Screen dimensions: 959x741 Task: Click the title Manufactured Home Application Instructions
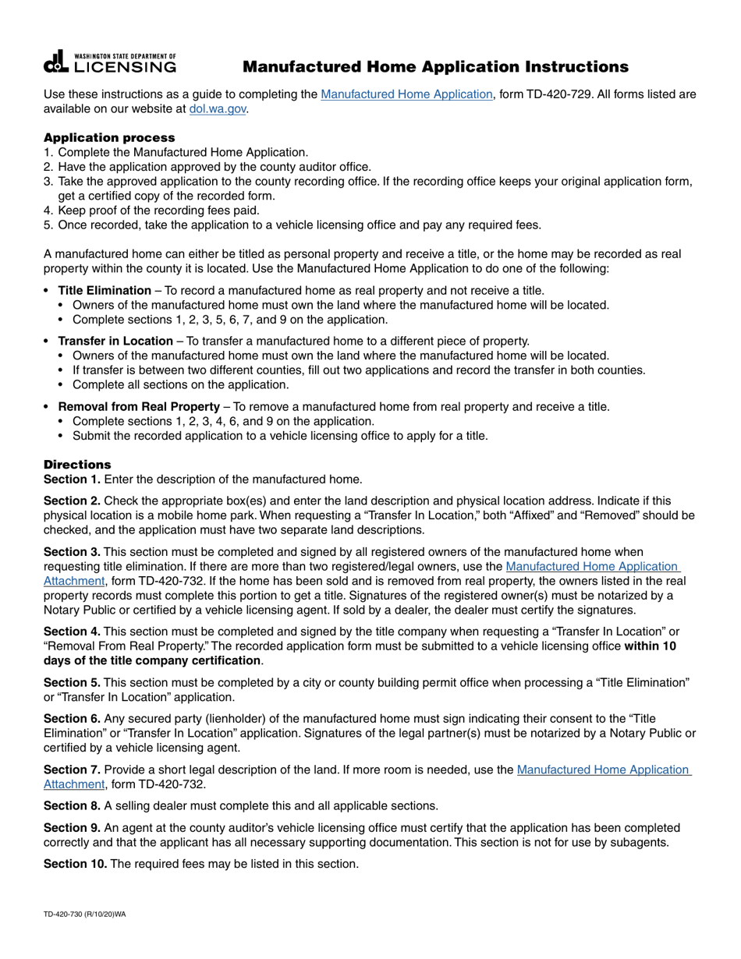[435, 67]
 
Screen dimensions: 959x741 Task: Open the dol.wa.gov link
[218, 110]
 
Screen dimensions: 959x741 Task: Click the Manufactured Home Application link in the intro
[406, 94]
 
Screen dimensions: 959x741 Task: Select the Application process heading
[109, 137]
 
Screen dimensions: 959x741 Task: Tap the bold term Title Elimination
[105, 291]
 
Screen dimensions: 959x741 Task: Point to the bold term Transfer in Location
[115, 341]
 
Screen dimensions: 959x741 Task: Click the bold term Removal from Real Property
[139, 407]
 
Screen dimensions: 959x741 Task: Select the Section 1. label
[72, 479]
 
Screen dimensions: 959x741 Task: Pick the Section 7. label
[72, 770]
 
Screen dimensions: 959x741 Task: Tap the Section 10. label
[75, 864]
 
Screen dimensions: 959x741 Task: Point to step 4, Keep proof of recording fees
[158, 211]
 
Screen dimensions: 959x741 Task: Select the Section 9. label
[72, 828]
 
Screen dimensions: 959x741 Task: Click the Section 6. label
[72, 718]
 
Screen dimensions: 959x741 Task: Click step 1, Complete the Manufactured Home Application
[183, 152]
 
